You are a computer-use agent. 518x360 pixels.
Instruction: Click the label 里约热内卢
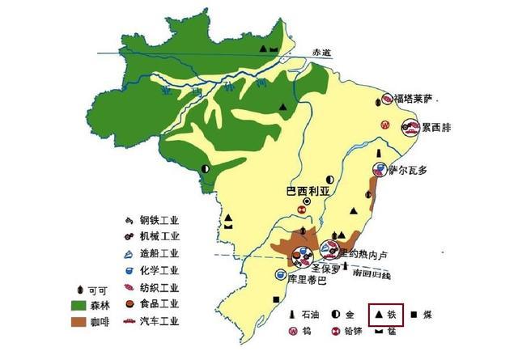(365, 254)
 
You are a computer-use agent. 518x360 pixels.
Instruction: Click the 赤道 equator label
(323, 51)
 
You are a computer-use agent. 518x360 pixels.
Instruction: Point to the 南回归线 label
(372, 276)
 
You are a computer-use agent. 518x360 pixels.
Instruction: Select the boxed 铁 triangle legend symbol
(378, 311)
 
